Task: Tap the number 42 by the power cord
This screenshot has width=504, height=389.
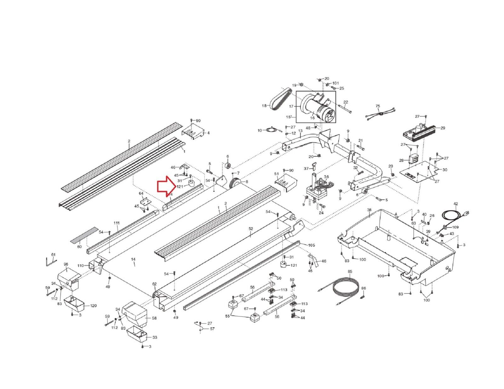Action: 455,204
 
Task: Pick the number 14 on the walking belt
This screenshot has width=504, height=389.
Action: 133,259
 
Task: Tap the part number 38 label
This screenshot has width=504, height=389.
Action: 369,210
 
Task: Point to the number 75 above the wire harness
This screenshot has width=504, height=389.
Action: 378,106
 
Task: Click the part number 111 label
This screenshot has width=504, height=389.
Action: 117,223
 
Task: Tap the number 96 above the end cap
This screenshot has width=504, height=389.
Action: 66,264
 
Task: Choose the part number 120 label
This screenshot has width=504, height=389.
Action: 93,306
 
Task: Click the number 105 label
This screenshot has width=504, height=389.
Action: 311,245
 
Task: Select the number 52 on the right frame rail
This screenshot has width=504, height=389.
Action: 251,229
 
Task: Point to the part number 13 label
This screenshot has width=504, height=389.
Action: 300,131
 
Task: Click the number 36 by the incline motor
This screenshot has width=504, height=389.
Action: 326,177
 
